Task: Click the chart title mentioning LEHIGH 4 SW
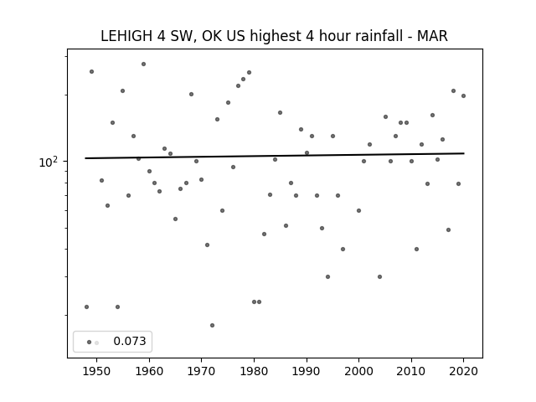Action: (x=274, y=36)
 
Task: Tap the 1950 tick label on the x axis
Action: (x=97, y=371)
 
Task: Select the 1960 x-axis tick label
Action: (x=149, y=371)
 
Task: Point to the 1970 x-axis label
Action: (x=202, y=371)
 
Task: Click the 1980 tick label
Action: (x=254, y=371)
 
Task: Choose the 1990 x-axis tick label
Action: (x=307, y=371)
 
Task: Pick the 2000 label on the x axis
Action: (x=359, y=371)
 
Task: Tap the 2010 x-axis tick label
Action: (x=411, y=371)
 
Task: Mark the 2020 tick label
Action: (x=463, y=371)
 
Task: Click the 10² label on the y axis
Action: (x=49, y=162)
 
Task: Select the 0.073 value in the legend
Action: (x=130, y=341)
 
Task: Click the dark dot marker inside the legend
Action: (x=89, y=343)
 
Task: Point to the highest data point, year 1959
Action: (x=143, y=64)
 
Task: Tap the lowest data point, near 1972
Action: (x=212, y=326)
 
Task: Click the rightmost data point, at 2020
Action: (x=463, y=96)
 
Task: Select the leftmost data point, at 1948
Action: (x=86, y=307)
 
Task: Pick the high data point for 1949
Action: (x=91, y=72)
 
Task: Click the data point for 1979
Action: (x=250, y=73)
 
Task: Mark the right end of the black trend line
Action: (x=464, y=153)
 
